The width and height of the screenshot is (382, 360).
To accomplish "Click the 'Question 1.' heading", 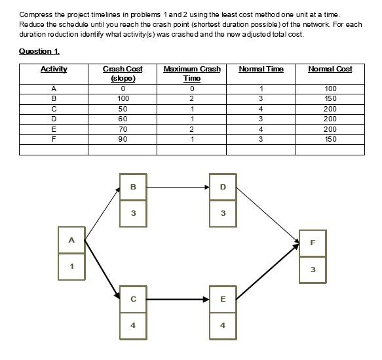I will (39, 51).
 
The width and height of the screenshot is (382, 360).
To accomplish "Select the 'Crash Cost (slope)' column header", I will (123, 73).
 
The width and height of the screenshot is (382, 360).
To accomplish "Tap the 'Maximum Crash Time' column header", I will (191, 73).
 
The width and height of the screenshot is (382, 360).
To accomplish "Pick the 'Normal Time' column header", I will (261, 70).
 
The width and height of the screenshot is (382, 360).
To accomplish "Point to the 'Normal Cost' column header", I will (330, 70).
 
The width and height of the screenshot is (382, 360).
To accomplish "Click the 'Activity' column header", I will (54, 70).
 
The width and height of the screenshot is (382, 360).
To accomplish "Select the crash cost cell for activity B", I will (123, 98).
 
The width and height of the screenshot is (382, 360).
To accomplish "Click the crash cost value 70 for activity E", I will (123, 129).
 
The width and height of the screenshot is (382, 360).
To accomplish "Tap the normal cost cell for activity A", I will (330, 89).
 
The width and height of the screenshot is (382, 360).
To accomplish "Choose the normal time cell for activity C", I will (261, 109).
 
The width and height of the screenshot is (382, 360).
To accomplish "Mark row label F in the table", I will (54, 139).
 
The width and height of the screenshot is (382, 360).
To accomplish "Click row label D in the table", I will (54, 119).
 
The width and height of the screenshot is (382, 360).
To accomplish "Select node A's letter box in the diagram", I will (71, 240).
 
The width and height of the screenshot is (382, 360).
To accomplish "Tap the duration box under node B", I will (134, 213).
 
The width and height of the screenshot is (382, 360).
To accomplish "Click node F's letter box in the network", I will (313, 242).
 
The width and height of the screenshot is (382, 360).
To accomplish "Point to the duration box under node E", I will (223, 325).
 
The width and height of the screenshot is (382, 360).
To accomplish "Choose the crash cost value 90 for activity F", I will (123, 139).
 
